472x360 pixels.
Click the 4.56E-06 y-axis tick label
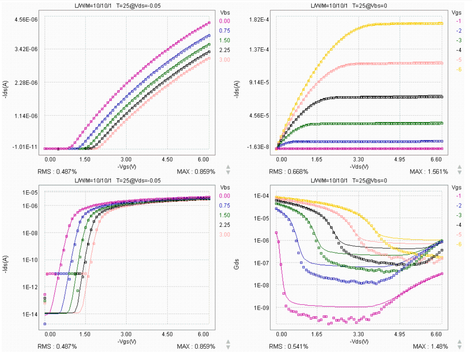pos(26,19)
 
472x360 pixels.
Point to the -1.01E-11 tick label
pos(25,147)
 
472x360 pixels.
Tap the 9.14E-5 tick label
pos(259,82)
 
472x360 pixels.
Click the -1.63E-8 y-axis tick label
pos(258,147)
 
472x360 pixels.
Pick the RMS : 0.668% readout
pos(288,172)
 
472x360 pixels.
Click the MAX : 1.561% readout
pos(429,172)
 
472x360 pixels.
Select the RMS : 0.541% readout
pos(288,346)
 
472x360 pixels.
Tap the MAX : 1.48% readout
pos(430,346)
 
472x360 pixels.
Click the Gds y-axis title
pos(237,264)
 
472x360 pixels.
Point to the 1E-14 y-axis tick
pos(30,314)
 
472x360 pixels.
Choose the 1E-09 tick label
pos(261,308)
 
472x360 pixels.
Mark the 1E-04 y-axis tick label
pos(261,196)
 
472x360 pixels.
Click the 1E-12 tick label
pos(30,287)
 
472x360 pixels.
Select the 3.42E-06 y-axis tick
pos(26,49)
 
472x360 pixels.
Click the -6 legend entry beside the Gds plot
pos(459,244)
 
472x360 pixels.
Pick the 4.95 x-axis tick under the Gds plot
pos(400,334)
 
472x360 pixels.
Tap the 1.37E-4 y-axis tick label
pos(259,49)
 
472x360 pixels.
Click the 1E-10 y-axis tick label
pos(30,260)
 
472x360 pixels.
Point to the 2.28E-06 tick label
pos(26,83)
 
